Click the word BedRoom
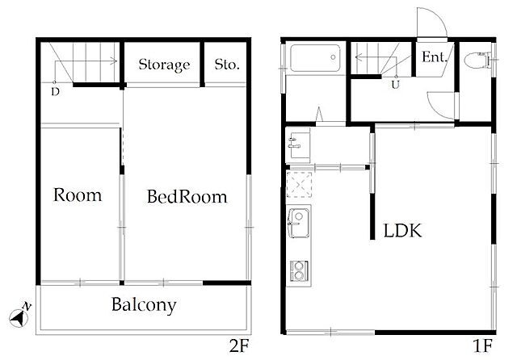187,197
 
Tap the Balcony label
144,304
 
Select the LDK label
402,231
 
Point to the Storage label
164,65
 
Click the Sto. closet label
227,65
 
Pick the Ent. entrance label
435,57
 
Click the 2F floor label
239,345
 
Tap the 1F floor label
482,345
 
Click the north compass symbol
19,316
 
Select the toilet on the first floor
477,61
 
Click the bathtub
315,58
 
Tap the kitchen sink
299,222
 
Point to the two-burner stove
299,270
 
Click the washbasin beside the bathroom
298,145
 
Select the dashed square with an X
299,185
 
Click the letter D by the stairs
56,92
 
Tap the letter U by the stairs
395,85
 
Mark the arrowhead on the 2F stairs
115,61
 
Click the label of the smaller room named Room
78,195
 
